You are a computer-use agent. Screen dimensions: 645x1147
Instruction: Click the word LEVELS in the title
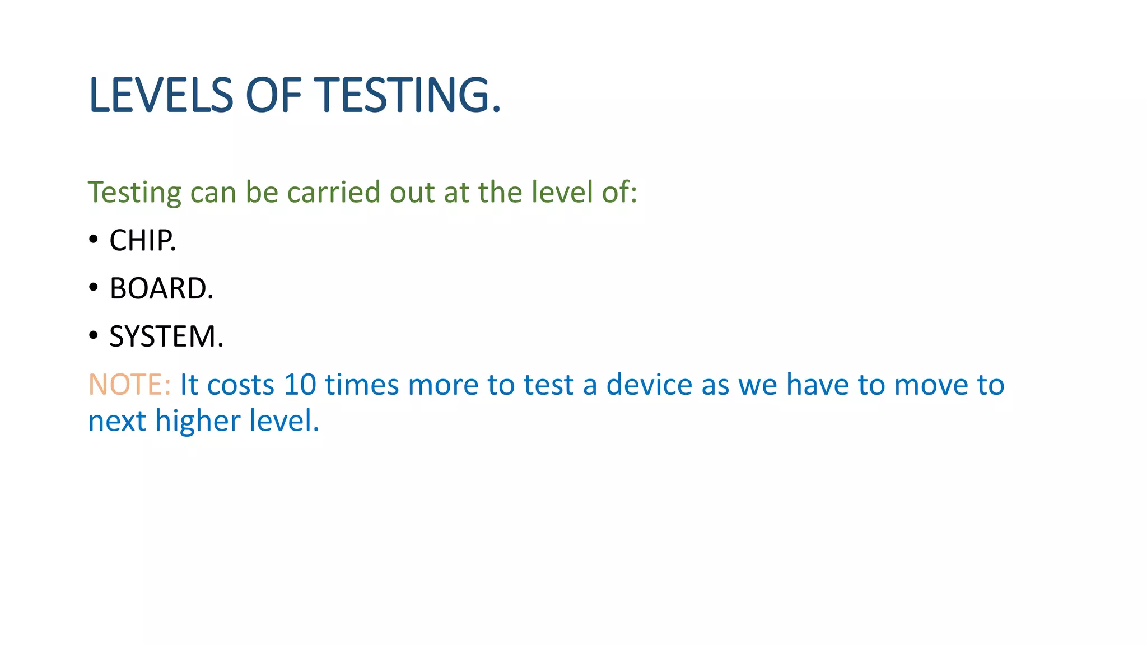tap(161, 95)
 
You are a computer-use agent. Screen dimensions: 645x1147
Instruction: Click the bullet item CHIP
tap(143, 241)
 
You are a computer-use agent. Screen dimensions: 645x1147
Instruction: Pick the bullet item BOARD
tap(161, 289)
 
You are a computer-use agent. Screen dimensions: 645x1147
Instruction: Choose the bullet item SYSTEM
tap(166, 337)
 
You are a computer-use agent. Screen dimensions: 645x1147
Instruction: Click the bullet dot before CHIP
tap(94, 240)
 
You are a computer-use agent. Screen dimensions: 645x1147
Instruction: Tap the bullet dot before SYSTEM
tap(94, 336)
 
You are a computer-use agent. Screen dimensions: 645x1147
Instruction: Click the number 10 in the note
tap(300, 385)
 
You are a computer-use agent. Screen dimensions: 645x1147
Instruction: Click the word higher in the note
tap(198, 421)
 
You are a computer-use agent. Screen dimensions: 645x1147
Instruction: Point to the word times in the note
tap(362, 385)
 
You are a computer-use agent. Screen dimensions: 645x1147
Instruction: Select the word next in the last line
tap(117, 421)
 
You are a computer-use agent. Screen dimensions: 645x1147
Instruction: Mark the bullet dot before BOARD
tap(94, 288)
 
